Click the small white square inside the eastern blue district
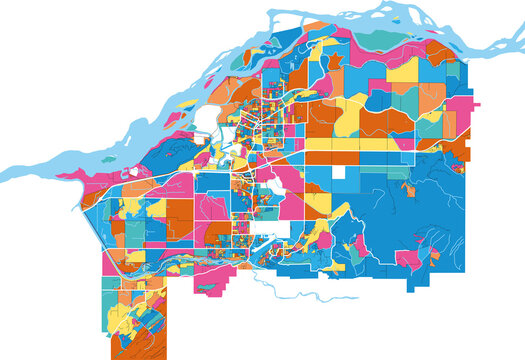tap(339, 172)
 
